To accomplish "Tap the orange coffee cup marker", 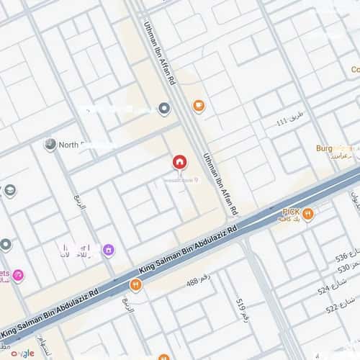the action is [199, 107].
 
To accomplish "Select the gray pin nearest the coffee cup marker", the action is [164, 109].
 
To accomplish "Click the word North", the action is [68, 145].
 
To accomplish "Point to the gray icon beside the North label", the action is [50, 145].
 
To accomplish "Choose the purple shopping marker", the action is [108, 250].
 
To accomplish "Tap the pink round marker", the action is [18, 274].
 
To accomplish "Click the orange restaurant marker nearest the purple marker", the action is [135, 285].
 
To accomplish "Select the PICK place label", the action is [291, 212].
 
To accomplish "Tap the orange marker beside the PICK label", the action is [308, 213].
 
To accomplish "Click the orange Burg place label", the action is [328, 148].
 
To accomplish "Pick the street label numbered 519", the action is [241, 308].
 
